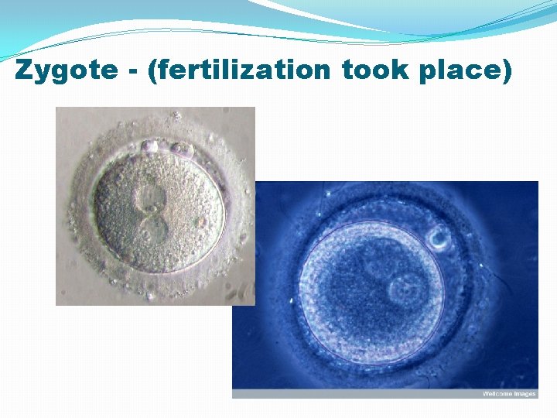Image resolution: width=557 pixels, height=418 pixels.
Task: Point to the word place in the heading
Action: pos(463,70)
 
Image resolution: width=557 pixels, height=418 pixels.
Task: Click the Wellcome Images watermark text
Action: pos(508,394)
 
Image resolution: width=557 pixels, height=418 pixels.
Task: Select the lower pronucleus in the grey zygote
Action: pos(151,229)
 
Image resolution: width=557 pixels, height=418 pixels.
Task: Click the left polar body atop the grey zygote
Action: pos(150,146)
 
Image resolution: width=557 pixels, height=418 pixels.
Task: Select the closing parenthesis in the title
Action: pos(507,71)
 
